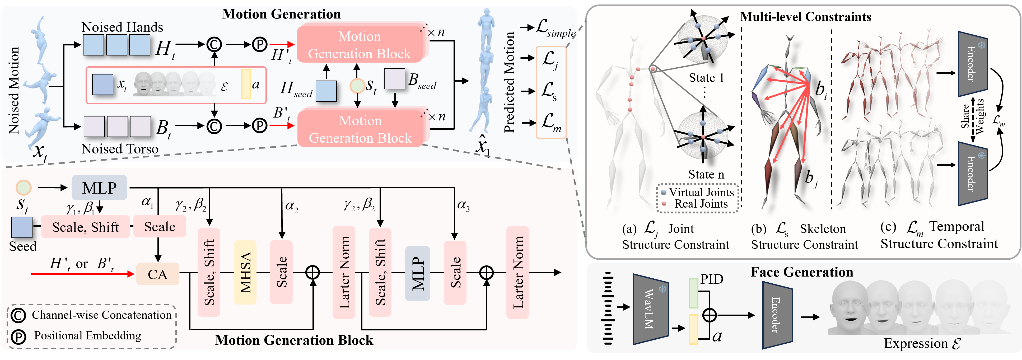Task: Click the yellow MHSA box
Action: tap(245, 272)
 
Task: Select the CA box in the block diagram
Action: tap(157, 274)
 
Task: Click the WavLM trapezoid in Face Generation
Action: tap(650, 309)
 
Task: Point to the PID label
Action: tap(712, 279)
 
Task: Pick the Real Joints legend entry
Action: tap(701, 204)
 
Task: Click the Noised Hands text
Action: tap(122, 27)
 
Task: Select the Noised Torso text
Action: tap(120, 149)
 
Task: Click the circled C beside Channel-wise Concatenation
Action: tap(18, 315)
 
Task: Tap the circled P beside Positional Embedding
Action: tap(18, 336)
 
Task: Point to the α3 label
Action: tap(463, 205)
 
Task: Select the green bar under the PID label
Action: tap(693, 293)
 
